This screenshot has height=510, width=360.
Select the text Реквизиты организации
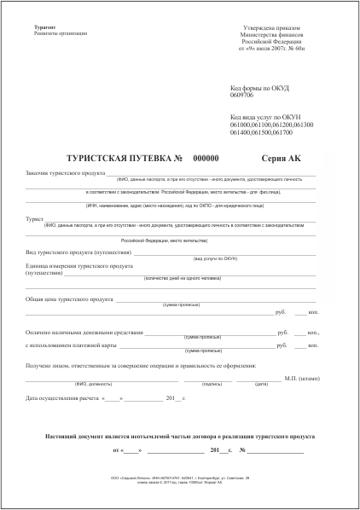61,34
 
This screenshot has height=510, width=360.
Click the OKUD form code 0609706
245,95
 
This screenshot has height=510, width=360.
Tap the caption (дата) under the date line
262,384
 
